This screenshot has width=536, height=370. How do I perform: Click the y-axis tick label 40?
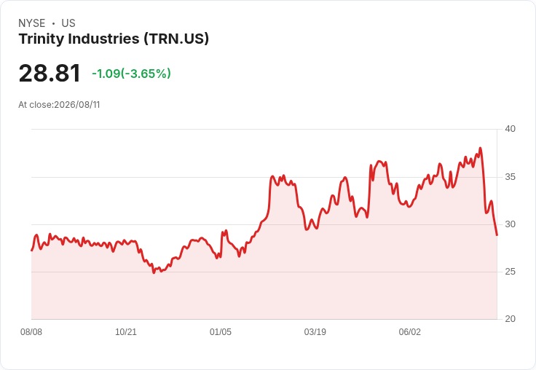coord(510,129)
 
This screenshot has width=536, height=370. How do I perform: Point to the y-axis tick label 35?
coord(510,177)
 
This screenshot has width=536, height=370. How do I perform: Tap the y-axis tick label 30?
coord(510,224)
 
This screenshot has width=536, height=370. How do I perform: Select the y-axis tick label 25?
coord(510,272)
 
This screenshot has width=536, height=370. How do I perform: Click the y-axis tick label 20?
coord(510,319)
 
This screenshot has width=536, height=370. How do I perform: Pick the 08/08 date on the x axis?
coord(31,332)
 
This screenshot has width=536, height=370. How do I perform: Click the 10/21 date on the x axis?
coord(126,332)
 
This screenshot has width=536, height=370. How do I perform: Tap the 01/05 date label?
coord(221,332)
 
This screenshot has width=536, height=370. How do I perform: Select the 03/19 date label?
coord(315,332)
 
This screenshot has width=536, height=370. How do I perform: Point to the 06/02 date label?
coord(409,332)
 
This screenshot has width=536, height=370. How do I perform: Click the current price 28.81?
coord(50,73)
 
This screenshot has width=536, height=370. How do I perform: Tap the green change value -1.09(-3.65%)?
coord(131,74)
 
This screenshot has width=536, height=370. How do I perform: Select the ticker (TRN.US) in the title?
coord(176,39)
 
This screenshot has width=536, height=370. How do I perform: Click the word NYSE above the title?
coord(32,23)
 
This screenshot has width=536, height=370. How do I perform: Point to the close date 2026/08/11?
coord(77,105)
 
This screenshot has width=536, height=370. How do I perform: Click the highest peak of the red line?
coord(480,148)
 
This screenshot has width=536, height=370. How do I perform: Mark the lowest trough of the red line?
coord(154,272)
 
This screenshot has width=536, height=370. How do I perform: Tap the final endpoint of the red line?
coord(497,235)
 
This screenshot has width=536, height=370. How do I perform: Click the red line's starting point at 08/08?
coord(32,251)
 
